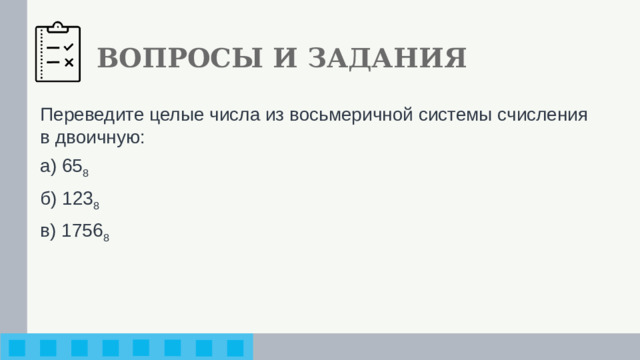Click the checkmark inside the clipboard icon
click(x=69, y=46)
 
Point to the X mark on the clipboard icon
click(x=69, y=62)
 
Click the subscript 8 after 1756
click(x=106, y=237)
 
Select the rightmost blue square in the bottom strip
click(x=235, y=348)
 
